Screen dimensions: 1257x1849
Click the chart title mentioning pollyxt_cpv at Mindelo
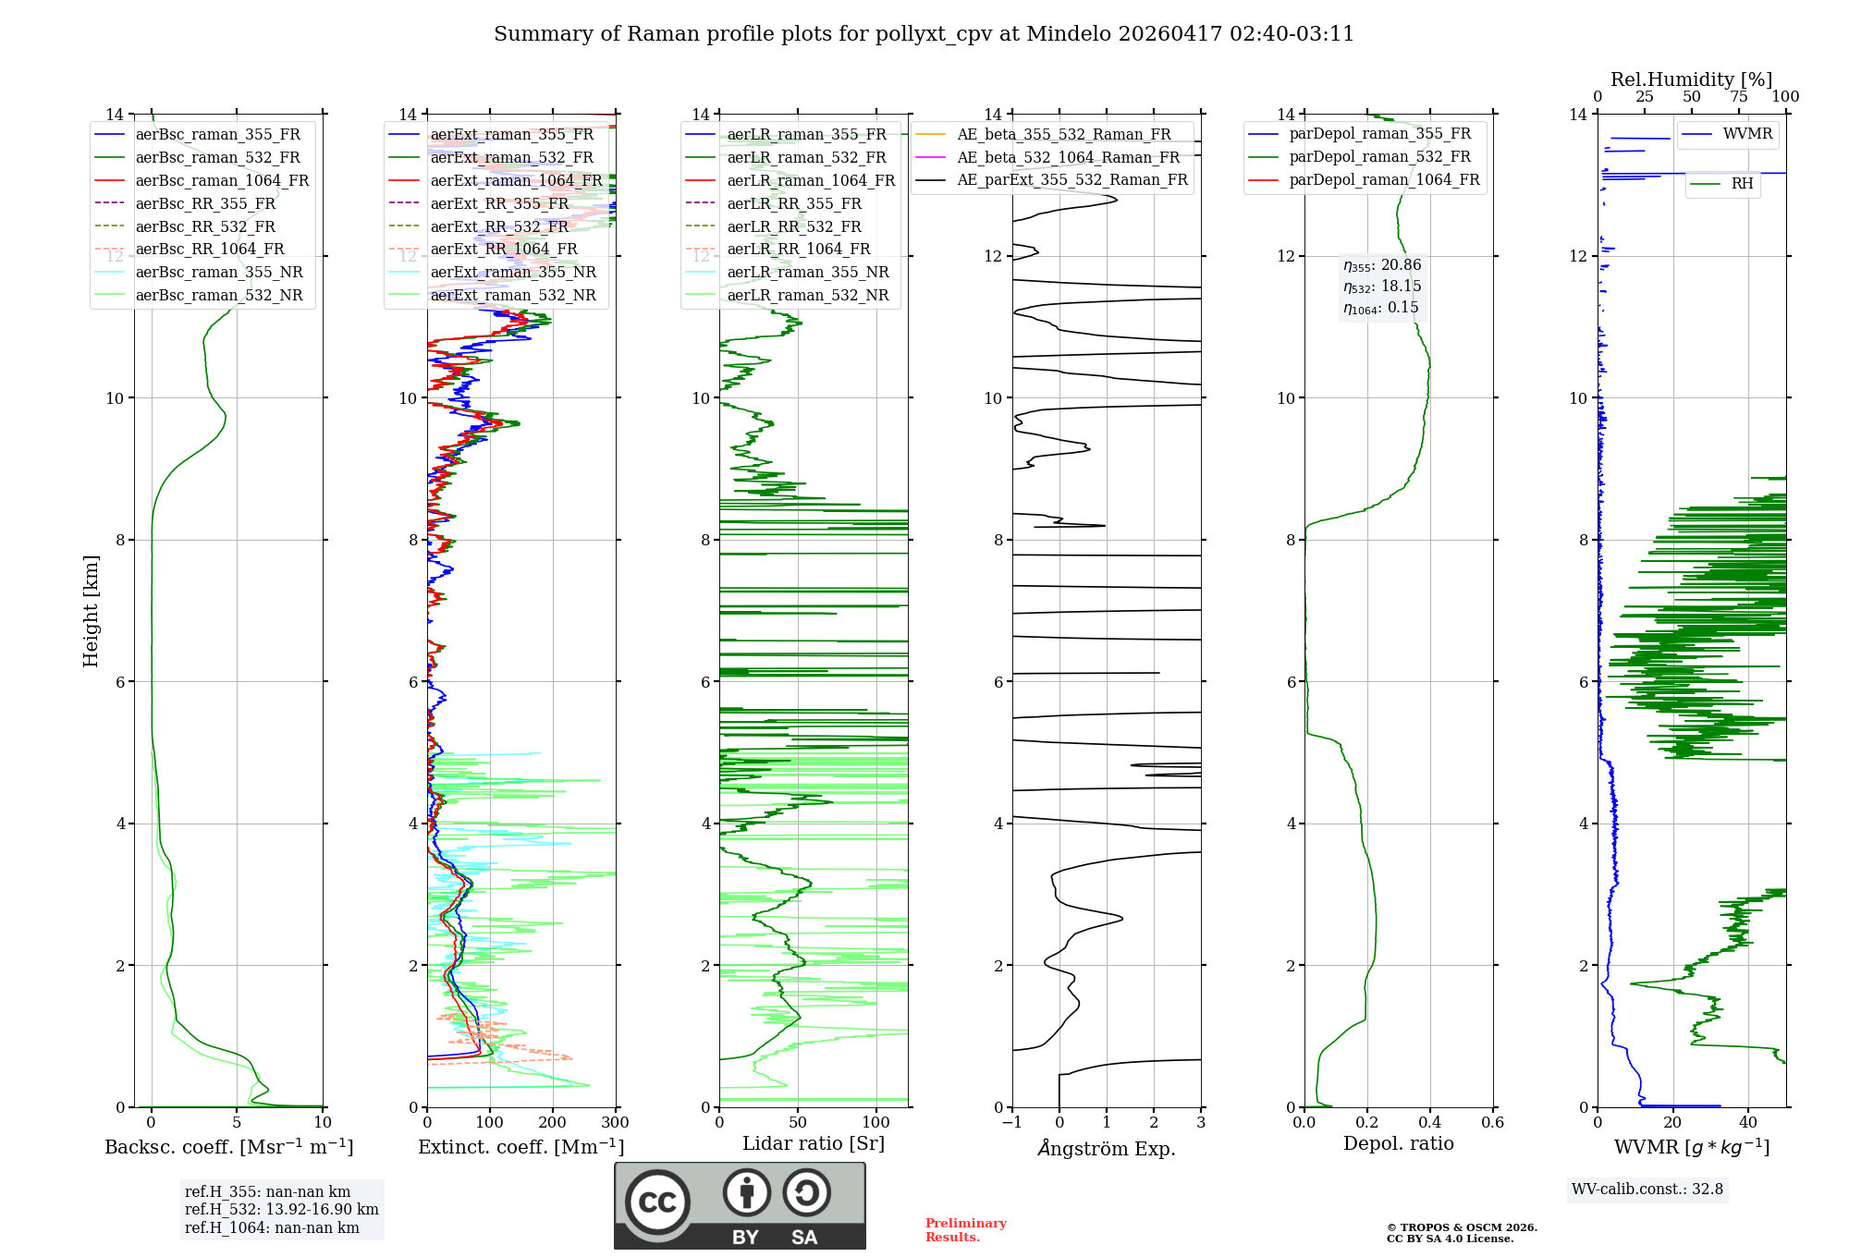(924, 34)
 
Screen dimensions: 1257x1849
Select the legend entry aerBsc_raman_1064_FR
(222, 180)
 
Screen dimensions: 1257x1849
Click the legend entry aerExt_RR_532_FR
(499, 226)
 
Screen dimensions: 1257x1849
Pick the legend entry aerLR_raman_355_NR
(807, 272)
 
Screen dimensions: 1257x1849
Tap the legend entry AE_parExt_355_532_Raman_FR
(1071, 179)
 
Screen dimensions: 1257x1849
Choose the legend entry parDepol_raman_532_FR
(1379, 157)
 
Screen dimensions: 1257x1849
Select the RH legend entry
(1742, 184)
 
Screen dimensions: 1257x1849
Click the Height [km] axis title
(91, 610)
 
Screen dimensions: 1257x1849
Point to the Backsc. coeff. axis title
(228, 1147)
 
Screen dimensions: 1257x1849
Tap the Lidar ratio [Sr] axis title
(814, 1143)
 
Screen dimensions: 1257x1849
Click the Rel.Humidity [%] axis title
(1691, 79)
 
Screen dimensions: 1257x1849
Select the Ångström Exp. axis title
(1107, 1148)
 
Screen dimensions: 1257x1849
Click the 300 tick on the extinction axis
(615, 1123)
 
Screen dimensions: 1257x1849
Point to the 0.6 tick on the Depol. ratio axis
(1492, 1123)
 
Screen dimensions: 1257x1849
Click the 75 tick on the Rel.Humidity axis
(1738, 97)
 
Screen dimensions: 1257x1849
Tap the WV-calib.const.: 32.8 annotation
(1647, 1190)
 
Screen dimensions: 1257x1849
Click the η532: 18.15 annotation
(1382, 287)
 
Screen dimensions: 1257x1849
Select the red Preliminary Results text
(965, 1230)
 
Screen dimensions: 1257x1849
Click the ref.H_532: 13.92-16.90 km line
(281, 1210)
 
